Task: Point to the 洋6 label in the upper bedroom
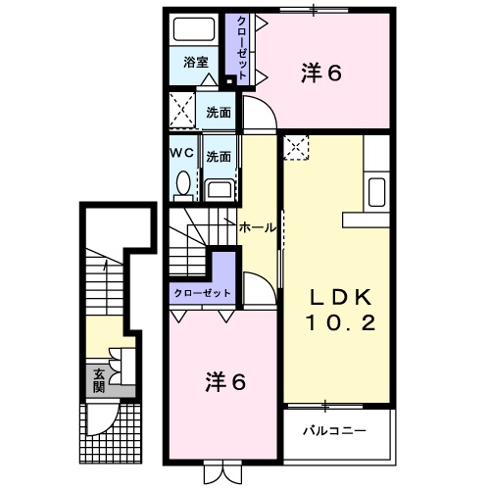pyautogui.click(x=322, y=72)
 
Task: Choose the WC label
pyautogui.click(x=181, y=154)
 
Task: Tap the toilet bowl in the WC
pyautogui.click(x=182, y=181)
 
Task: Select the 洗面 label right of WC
pyautogui.click(x=219, y=156)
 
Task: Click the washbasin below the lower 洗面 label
pyautogui.click(x=219, y=189)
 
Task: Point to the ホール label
pyautogui.click(x=258, y=227)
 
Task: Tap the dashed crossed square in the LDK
pyautogui.click(x=297, y=148)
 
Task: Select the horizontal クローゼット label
pyautogui.click(x=203, y=293)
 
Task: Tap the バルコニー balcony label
pyautogui.click(x=332, y=428)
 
